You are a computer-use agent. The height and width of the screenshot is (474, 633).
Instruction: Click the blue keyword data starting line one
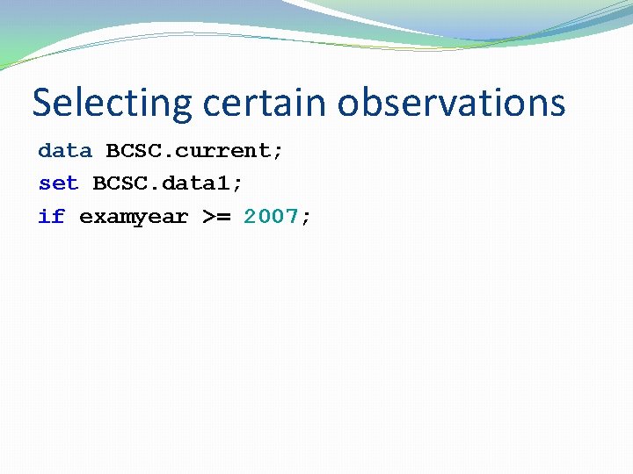click(x=64, y=150)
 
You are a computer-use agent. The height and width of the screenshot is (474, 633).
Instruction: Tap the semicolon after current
click(x=278, y=152)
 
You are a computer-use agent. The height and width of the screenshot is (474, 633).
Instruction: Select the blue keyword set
click(x=58, y=183)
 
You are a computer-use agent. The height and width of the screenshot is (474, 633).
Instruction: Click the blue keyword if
click(x=51, y=217)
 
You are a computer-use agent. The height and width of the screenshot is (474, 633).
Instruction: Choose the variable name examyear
click(x=134, y=217)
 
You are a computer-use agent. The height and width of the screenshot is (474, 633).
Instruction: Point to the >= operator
click(x=216, y=217)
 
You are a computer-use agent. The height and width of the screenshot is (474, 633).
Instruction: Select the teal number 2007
click(x=271, y=217)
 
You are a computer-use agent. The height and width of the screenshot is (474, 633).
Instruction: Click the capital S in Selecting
click(x=42, y=103)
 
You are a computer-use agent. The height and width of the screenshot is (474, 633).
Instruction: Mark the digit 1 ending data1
click(x=223, y=183)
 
